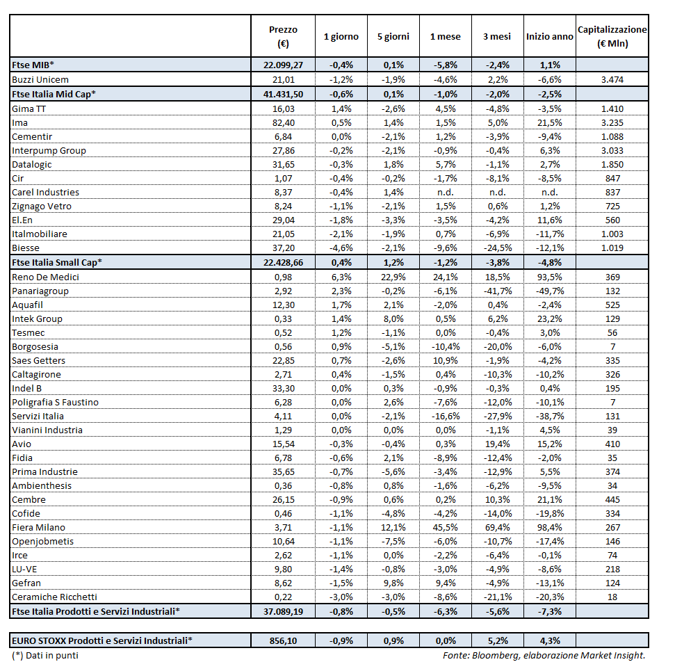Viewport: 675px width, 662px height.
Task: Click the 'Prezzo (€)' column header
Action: point(283,36)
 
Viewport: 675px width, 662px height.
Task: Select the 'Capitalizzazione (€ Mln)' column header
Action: point(612,36)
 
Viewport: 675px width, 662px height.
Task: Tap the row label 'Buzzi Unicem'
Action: point(40,79)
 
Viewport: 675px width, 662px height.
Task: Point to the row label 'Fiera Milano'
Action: point(38,527)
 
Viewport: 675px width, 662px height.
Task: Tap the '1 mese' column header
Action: point(445,36)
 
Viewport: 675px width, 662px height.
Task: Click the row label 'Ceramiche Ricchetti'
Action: point(54,597)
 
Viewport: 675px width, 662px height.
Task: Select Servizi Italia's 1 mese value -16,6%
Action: point(445,416)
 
